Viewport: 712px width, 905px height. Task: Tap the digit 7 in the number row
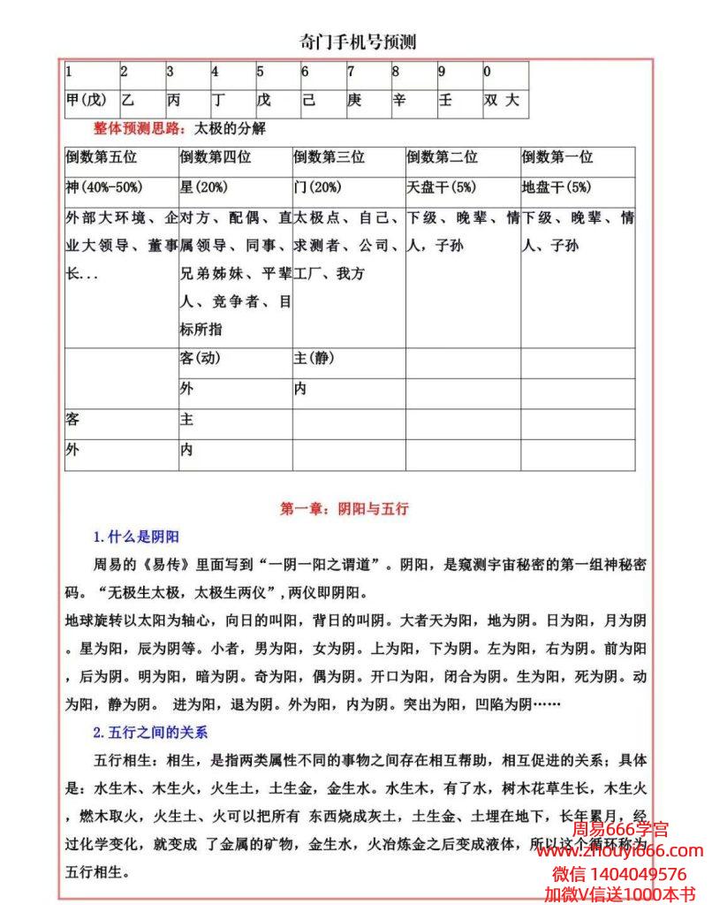tap(351, 72)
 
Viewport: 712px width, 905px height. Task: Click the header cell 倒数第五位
tap(102, 157)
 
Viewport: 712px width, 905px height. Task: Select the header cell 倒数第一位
tap(557, 157)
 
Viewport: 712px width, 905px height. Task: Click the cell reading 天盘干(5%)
tap(443, 187)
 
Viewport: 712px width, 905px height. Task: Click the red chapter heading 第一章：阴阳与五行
tap(344, 509)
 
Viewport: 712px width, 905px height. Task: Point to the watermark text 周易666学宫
tap(620, 830)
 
